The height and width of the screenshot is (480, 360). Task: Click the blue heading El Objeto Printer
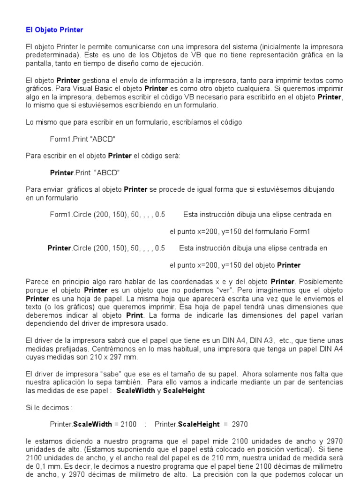tap(54, 30)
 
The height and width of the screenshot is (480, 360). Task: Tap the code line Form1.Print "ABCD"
tap(82, 139)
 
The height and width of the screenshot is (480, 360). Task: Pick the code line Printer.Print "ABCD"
tap(85, 172)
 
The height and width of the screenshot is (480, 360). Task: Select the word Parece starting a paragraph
tap(36, 282)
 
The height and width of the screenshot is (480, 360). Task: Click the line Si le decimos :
tap(45, 407)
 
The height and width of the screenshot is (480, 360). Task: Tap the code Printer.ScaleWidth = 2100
tap(93, 424)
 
